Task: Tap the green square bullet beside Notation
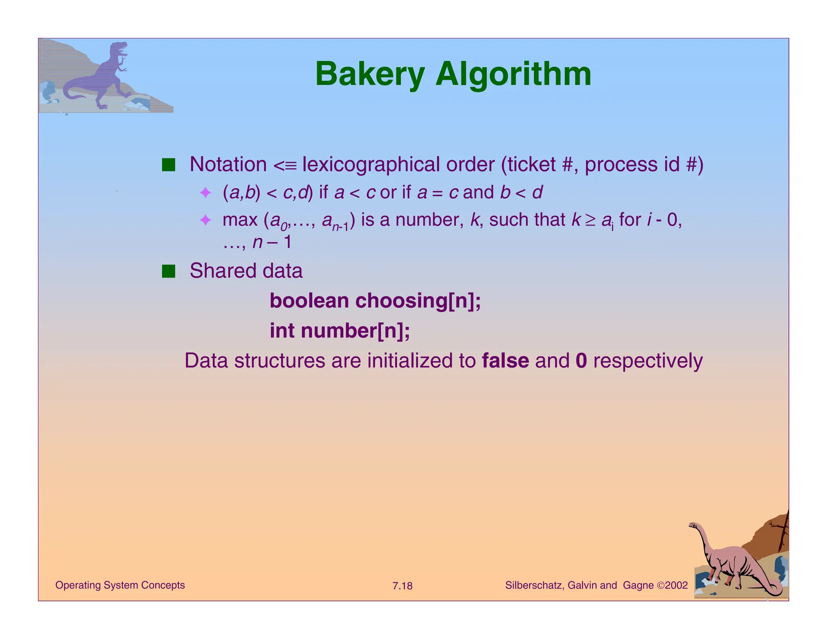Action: point(169,165)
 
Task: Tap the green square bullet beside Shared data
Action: point(169,271)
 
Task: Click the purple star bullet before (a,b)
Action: point(205,193)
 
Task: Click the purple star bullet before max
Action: point(205,220)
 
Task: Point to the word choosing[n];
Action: point(418,301)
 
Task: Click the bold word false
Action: point(505,361)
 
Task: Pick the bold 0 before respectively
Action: point(581,361)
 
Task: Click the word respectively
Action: point(648,361)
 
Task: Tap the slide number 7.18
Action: point(402,586)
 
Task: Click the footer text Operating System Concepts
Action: point(120,585)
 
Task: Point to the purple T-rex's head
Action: point(119,48)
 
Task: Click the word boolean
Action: point(309,301)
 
